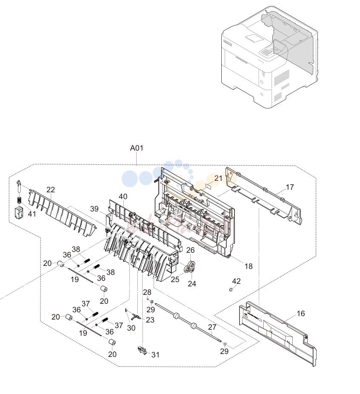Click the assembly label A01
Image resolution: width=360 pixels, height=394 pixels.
(x=137, y=148)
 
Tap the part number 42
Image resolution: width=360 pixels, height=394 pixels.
(x=236, y=281)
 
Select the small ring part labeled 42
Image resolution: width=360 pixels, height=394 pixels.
(x=231, y=290)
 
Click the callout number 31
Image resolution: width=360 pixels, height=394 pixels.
(x=155, y=354)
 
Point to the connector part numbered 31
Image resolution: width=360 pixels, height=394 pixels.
(x=142, y=350)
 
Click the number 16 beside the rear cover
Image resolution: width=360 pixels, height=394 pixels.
(x=301, y=313)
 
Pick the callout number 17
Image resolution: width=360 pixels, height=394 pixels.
(x=290, y=187)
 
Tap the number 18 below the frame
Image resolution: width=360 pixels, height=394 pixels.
(x=249, y=266)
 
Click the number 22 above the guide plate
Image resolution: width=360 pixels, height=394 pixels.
(x=51, y=190)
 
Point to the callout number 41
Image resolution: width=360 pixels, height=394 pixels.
(x=31, y=214)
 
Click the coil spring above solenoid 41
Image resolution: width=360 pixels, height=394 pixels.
(x=19, y=200)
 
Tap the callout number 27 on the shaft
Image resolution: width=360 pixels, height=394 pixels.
(x=212, y=327)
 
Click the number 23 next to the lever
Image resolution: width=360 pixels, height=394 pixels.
(x=150, y=320)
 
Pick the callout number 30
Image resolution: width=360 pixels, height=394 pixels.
(x=131, y=328)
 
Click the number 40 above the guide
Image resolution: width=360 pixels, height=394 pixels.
(x=123, y=197)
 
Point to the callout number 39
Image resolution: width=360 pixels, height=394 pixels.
(x=94, y=209)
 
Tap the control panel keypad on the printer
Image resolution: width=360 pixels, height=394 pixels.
(x=268, y=51)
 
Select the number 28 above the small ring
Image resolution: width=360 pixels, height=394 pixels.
(x=147, y=292)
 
